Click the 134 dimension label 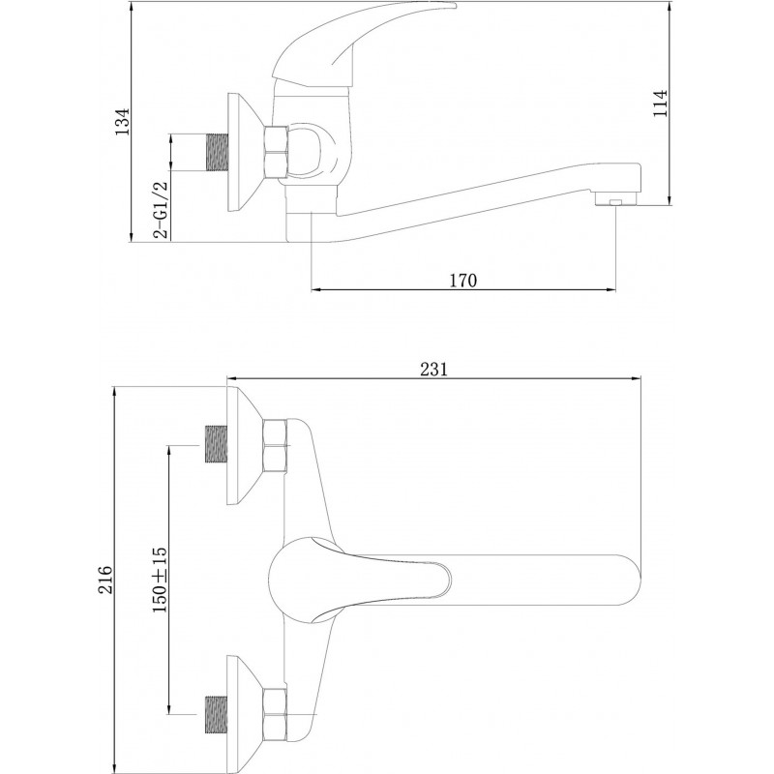click(x=122, y=122)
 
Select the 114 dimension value click(x=661, y=104)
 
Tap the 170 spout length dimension click(x=463, y=281)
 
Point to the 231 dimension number click(x=433, y=370)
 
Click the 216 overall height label click(x=104, y=580)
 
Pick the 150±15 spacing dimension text click(x=160, y=580)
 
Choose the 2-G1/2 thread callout click(x=161, y=210)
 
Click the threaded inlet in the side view click(x=216, y=153)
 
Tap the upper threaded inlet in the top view click(x=216, y=445)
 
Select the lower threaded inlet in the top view click(x=216, y=714)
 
